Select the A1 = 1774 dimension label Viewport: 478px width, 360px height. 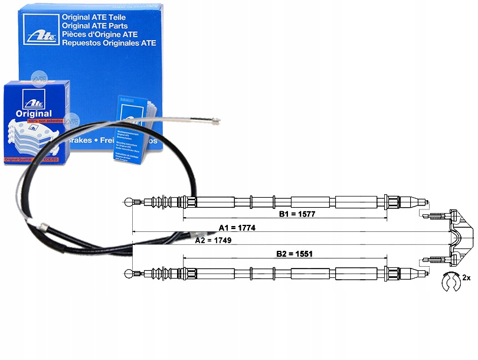click(237, 228)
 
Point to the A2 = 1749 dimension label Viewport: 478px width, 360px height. click(213, 240)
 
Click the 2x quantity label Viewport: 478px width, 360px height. click(466, 277)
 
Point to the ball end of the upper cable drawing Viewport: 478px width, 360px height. click(130, 202)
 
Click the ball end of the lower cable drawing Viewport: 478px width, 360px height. click(130, 273)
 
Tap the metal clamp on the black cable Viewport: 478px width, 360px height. click(42, 226)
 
